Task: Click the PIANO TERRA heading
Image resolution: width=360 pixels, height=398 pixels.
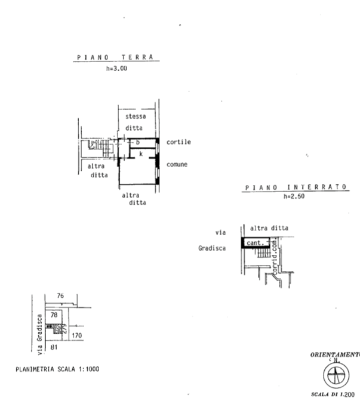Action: tap(115, 58)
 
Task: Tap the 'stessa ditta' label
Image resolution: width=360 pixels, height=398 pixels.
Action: tap(135, 122)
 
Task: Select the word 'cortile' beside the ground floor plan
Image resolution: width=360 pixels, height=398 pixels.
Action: tap(179, 142)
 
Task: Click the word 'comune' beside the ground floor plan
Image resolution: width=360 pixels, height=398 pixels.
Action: tap(177, 164)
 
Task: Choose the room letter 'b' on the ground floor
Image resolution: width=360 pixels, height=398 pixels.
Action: tap(137, 143)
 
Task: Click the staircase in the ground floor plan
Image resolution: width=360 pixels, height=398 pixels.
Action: tap(95, 144)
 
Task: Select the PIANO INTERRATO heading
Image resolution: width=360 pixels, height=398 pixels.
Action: tap(296, 187)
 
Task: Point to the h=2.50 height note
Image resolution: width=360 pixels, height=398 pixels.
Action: tap(294, 196)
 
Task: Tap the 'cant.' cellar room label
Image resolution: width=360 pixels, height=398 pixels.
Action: tap(256, 242)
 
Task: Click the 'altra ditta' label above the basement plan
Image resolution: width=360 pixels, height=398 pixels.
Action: tap(269, 228)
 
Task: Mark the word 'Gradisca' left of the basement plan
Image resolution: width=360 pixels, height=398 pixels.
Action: tap(213, 248)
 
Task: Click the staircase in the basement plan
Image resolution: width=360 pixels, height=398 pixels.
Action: tap(262, 254)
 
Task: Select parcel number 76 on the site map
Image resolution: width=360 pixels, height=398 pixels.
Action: tap(60, 295)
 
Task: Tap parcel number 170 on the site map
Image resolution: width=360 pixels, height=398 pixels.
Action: tap(77, 336)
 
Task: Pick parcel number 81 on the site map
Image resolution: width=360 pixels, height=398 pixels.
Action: tap(53, 346)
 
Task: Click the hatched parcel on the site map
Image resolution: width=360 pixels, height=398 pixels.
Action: tap(58, 328)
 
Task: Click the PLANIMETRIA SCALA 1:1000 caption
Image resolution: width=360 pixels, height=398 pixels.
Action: tap(57, 369)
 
